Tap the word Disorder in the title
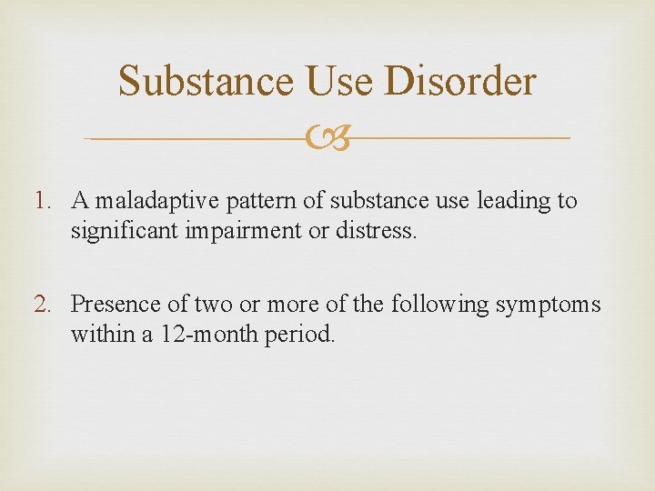(460, 80)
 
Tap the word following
(439, 304)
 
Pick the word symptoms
(548, 304)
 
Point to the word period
(301, 335)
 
